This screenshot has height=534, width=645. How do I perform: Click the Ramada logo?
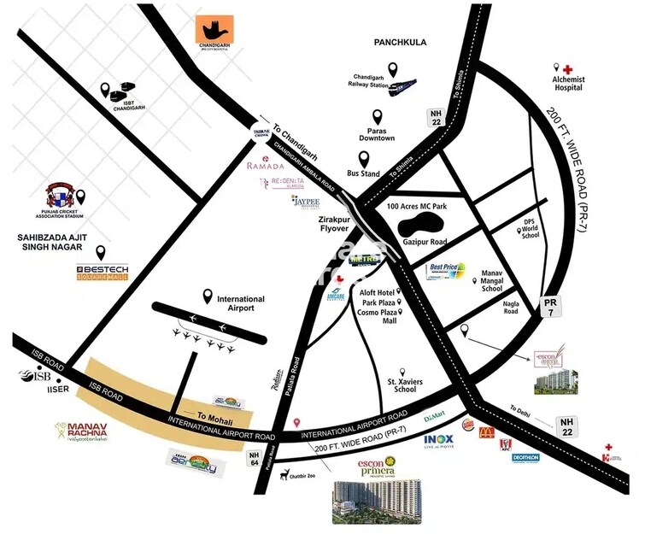(265, 166)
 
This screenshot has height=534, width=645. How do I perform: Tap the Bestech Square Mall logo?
(102, 273)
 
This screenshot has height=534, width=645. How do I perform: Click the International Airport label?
(241, 303)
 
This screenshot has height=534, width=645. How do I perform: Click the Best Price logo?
(448, 273)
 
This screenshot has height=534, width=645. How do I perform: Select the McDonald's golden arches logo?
(487, 432)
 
